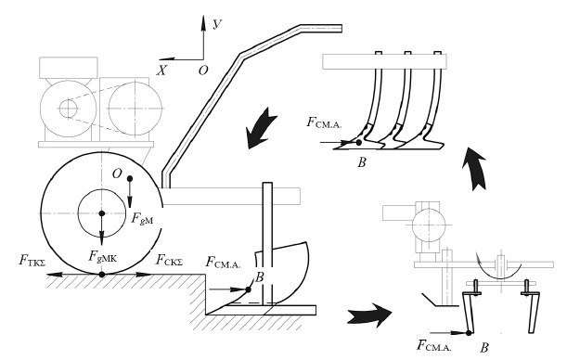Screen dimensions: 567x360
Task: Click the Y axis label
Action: tap(217, 24)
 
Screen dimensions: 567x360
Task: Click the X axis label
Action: tap(161, 71)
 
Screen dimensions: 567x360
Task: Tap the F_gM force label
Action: tap(142, 219)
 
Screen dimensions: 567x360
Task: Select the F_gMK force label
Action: tap(103, 256)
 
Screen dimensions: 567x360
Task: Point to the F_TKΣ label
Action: tap(32, 260)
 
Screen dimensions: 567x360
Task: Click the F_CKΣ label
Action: tap(169, 260)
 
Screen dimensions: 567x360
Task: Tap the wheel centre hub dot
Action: tap(101, 213)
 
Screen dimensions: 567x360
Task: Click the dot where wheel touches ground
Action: tap(101, 275)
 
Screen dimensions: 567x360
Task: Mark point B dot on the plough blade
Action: tap(248, 289)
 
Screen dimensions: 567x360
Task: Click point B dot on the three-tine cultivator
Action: tap(359, 142)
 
